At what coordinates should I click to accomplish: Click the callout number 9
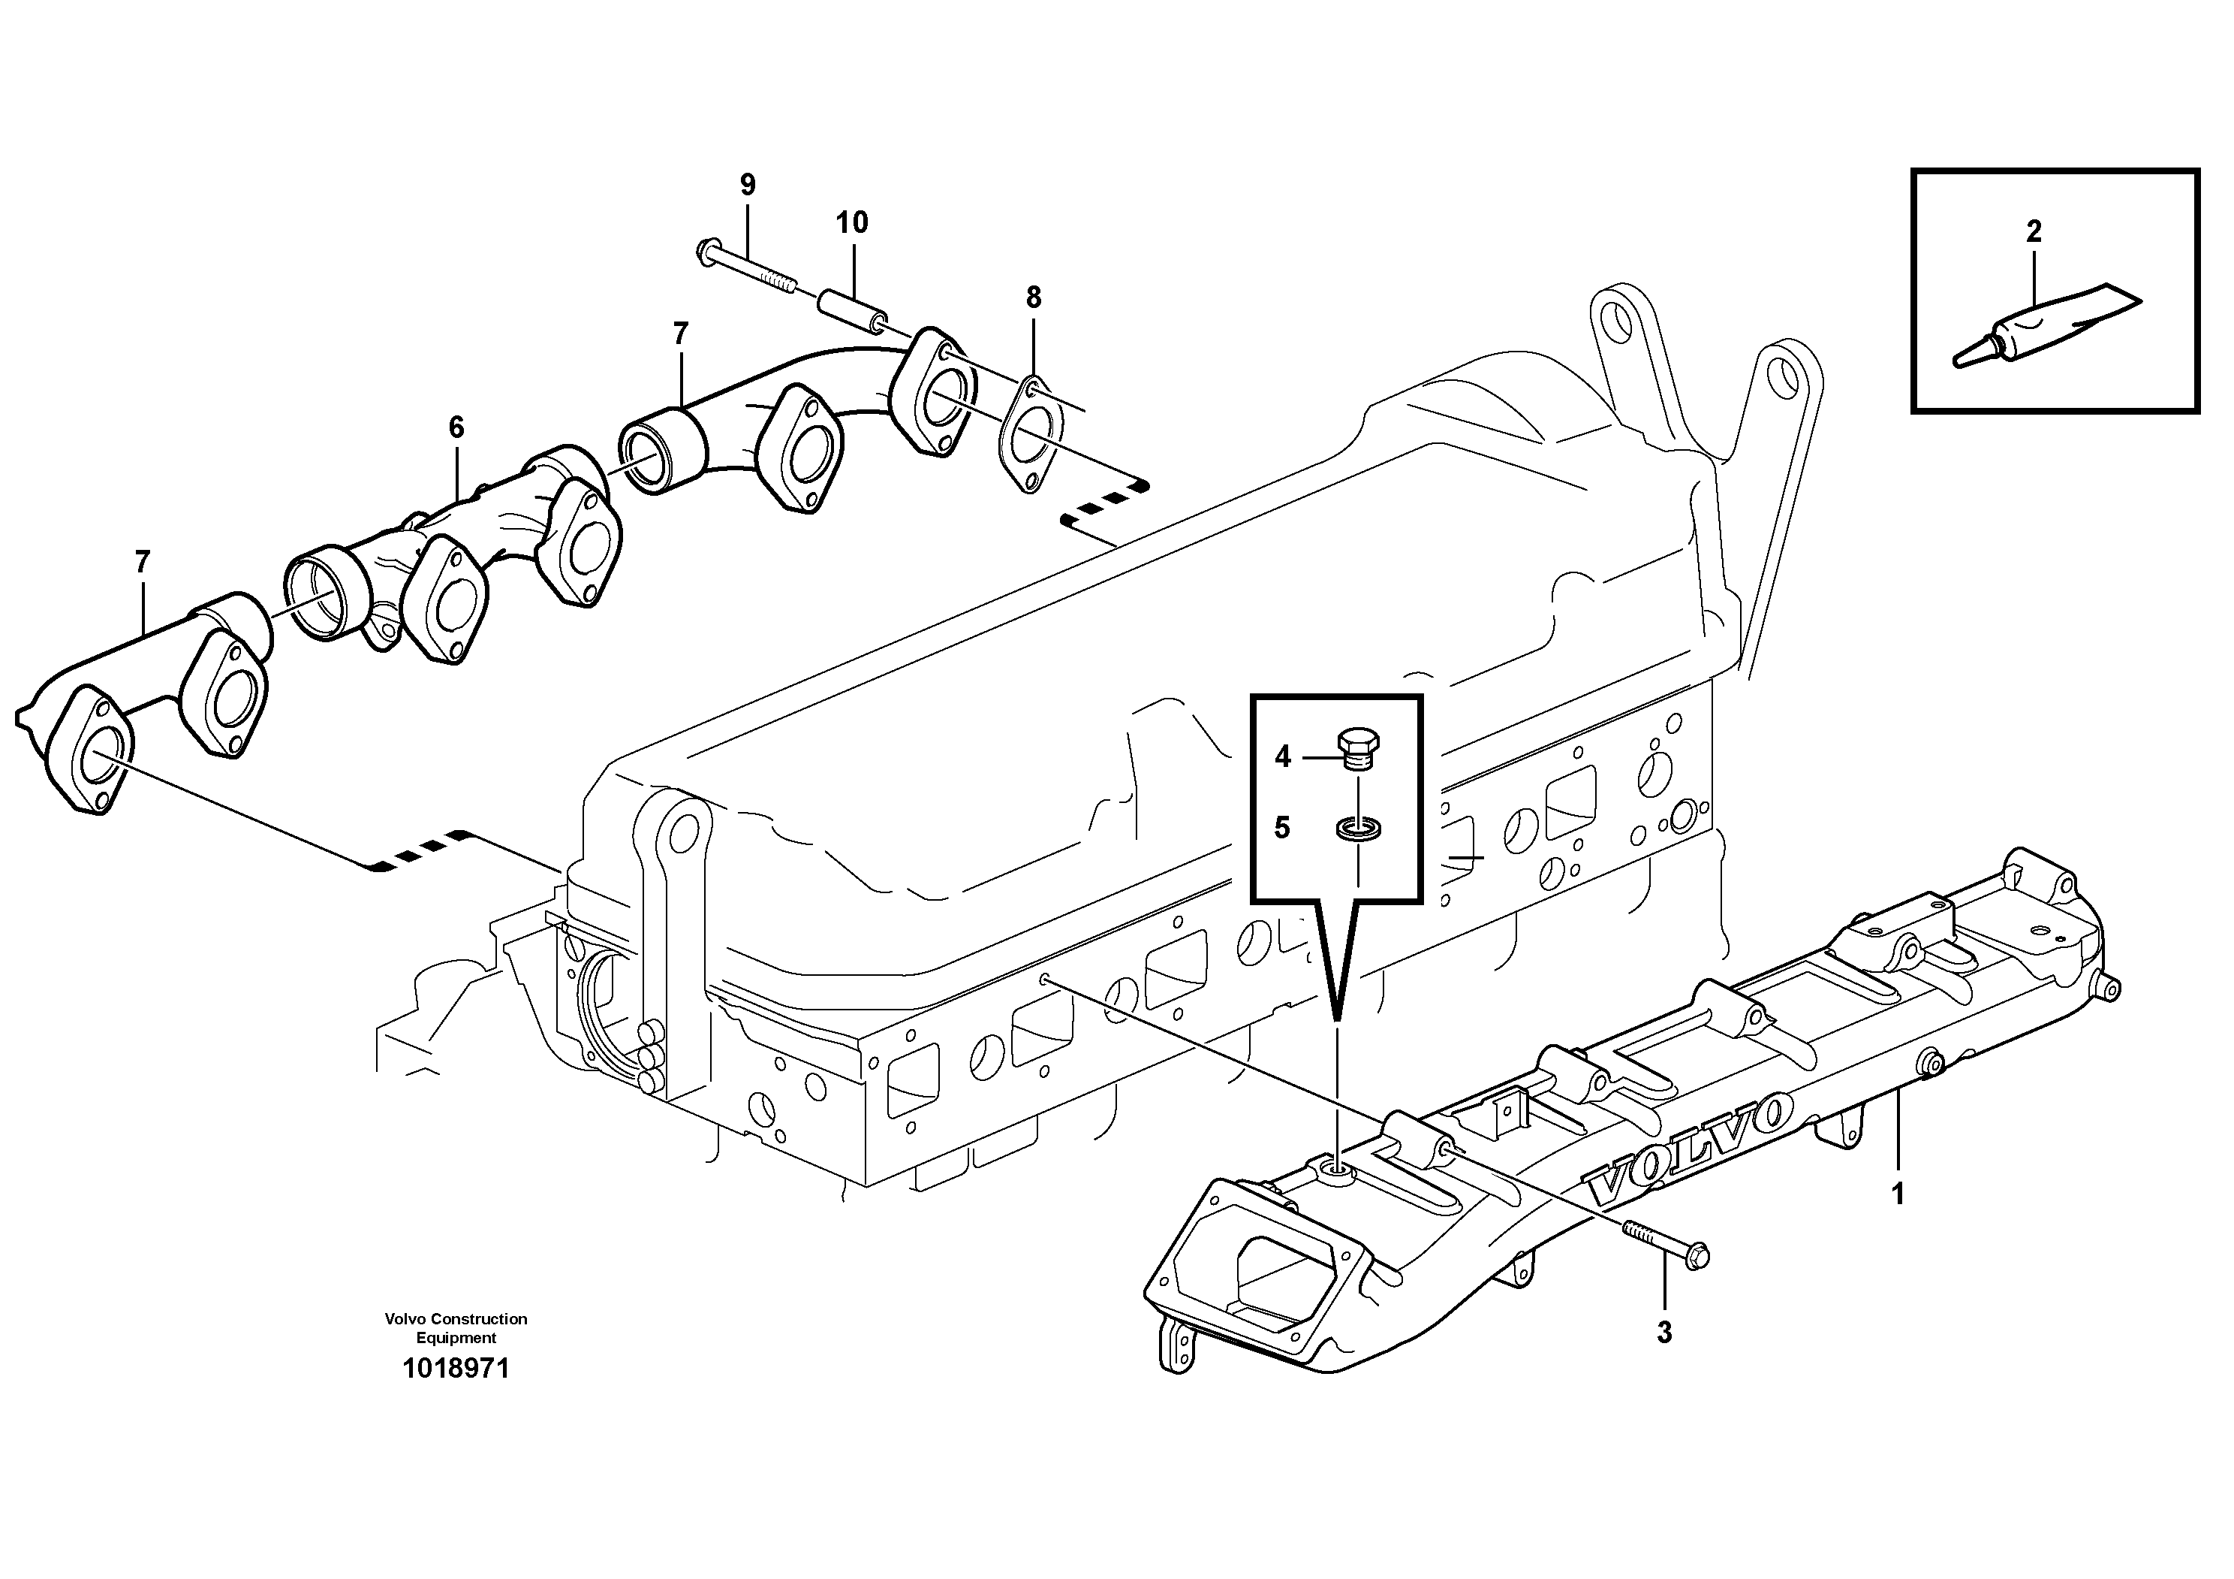(x=747, y=184)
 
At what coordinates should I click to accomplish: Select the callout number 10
(x=851, y=223)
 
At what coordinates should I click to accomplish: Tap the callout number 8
(x=1034, y=298)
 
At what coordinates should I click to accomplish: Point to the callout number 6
(x=456, y=427)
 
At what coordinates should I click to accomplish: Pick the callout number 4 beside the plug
(x=1282, y=756)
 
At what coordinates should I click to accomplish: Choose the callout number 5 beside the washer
(x=1282, y=829)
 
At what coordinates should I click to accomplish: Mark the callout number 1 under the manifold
(x=1898, y=1194)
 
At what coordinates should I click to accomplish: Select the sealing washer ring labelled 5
(x=1357, y=829)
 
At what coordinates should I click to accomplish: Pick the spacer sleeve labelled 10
(x=852, y=309)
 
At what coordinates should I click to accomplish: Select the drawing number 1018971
(x=456, y=1369)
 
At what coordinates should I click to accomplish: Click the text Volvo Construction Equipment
(x=456, y=1328)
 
